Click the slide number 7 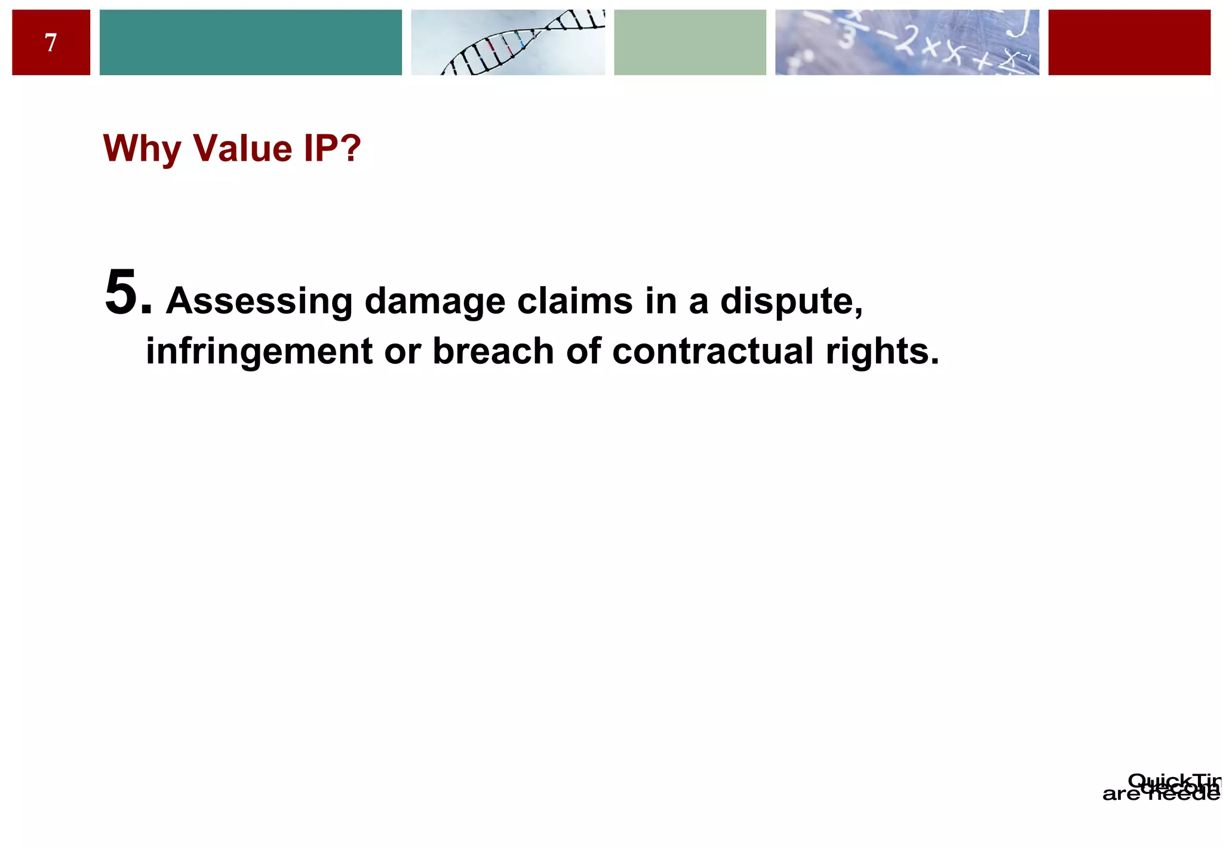point(51,43)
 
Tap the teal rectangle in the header point(250,42)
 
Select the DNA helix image point(508,42)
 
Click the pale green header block point(690,42)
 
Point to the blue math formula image point(907,42)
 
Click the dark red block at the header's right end point(1129,42)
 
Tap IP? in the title point(332,148)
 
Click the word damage point(435,301)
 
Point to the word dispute point(791,301)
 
